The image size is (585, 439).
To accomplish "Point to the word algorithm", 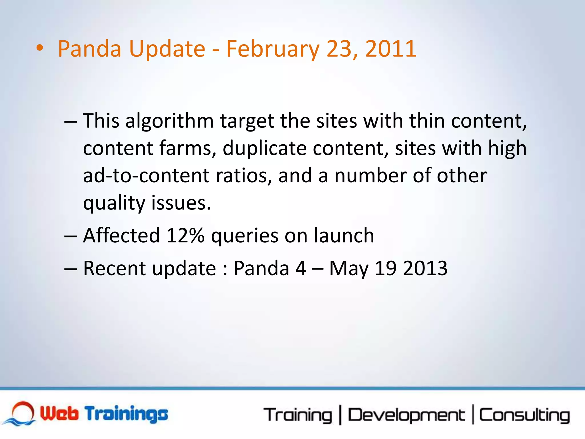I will pyautogui.click(x=169, y=121).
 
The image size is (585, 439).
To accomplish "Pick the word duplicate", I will pyautogui.click(x=265, y=149).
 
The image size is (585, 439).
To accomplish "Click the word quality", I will pyautogui.click(x=114, y=203).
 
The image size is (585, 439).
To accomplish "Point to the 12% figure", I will pyautogui.click(x=185, y=236).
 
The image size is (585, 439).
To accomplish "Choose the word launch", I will pyautogui.click(x=344, y=236).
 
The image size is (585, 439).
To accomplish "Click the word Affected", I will pyautogui.click(x=121, y=236).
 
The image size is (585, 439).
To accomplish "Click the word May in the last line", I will pyautogui.click(x=349, y=269).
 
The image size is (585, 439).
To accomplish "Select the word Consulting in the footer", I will pyautogui.click(x=524, y=415).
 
